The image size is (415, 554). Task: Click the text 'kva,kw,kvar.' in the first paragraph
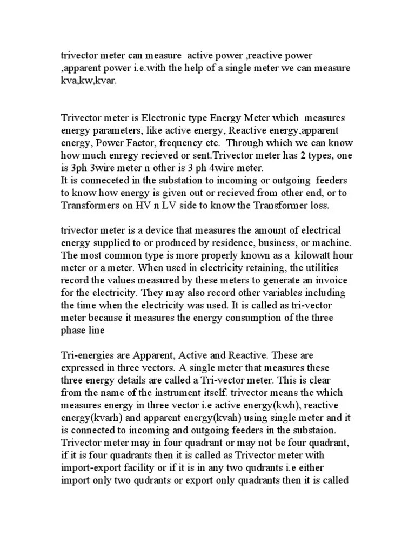pyautogui.click(x=88, y=81)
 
